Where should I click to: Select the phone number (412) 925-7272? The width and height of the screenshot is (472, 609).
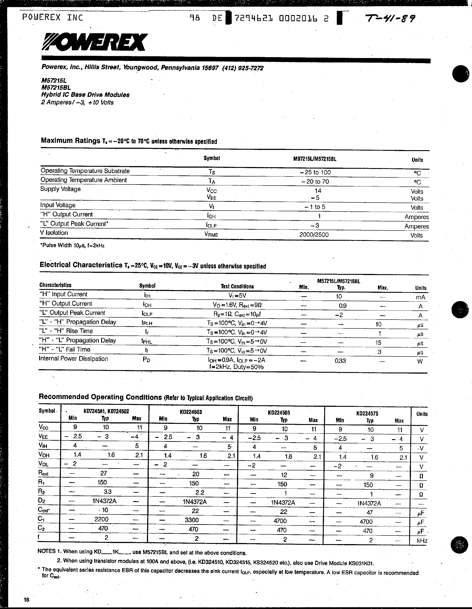243,68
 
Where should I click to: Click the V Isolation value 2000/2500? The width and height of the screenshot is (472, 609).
314,235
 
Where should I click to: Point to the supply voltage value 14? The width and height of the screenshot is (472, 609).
318,191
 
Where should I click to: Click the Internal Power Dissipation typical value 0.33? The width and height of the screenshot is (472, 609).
340,361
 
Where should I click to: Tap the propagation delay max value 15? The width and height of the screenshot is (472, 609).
378,343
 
